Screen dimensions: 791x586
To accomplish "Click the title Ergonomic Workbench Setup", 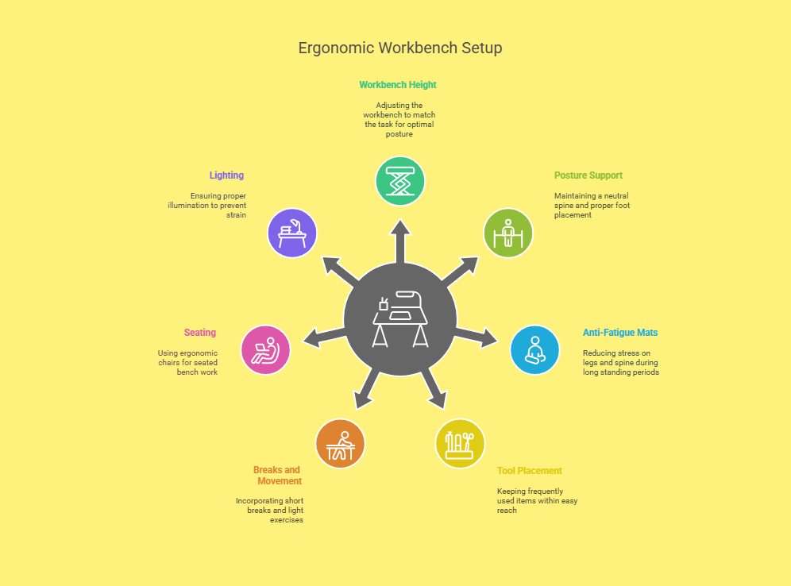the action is click(400, 48).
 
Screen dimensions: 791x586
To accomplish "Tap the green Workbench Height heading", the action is click(398, 85).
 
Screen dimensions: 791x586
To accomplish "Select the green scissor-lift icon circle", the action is click(400, 181).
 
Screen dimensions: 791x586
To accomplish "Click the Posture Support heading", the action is click(588, 175).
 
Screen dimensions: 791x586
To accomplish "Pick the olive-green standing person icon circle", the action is click(508, 233).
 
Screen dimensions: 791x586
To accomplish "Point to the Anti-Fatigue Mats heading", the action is click(620, 333).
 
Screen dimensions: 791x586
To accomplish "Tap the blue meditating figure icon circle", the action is click(534, 350).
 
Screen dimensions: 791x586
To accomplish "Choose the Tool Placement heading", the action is click(529, 471).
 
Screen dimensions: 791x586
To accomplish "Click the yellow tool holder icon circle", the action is click(460, 444).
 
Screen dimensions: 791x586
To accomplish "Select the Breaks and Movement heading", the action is click(277, 476).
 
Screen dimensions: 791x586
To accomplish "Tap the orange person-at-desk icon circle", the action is click(340, 444).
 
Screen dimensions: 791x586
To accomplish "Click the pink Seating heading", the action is click(200, 333).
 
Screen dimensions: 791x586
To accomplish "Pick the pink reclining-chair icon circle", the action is click(265, 350).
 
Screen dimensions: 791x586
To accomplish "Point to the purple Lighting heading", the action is click(226, 175).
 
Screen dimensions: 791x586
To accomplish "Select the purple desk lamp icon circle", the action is click(292, 233).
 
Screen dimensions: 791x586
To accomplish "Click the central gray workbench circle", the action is click(400, 319).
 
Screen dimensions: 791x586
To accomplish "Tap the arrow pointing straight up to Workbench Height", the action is click(400, 241).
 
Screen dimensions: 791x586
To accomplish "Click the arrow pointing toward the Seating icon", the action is click(324, 337).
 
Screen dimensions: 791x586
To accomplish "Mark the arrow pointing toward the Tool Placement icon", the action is click(434, 387).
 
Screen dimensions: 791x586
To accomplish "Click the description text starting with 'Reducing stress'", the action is click(620, 363).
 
